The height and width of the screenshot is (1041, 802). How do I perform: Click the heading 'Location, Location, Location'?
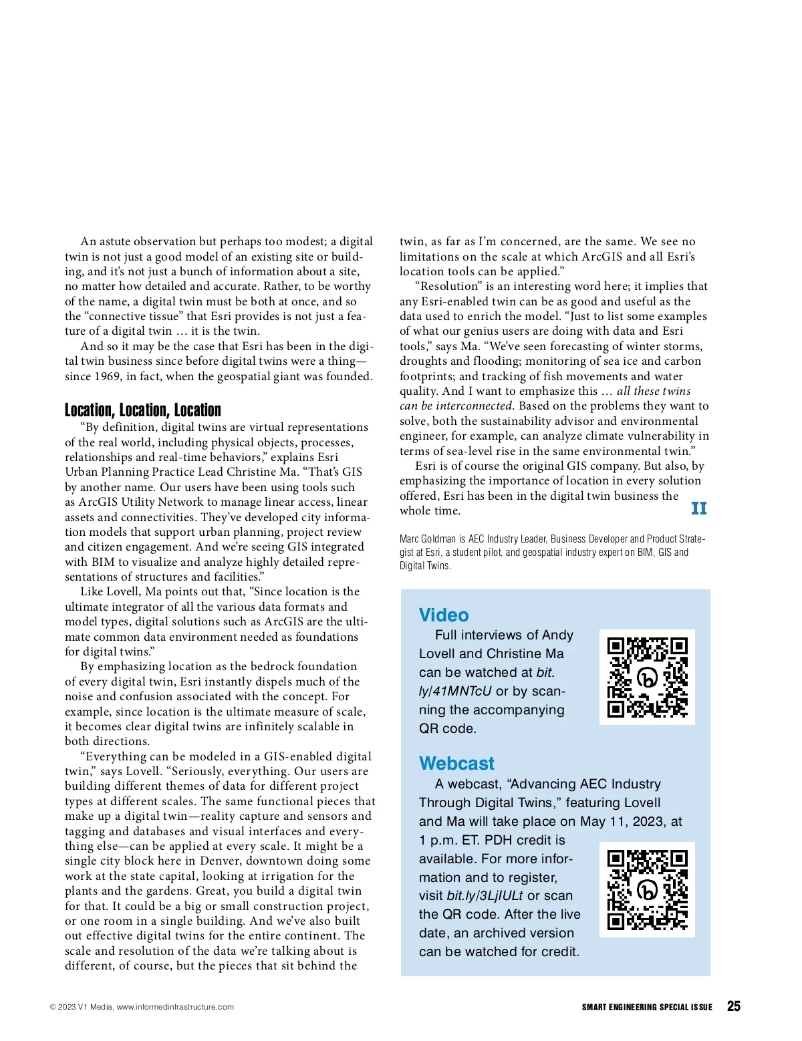tap(142, 410)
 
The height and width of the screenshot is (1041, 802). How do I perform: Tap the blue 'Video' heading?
tap(444, 615)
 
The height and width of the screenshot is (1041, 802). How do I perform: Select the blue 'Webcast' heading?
tap(456, 763)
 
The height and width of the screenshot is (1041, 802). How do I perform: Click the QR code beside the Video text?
tap(647, 677)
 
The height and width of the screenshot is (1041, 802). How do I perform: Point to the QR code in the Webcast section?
tap(647, 889)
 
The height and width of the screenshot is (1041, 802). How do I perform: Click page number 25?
tap(733, 1006)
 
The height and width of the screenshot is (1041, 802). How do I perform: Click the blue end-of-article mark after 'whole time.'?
tap(698, 509)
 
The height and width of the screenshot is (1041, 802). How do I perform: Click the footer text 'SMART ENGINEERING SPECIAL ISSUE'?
tap(646, 1007)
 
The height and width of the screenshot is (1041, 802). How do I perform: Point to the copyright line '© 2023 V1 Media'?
tap(80, 1007)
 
